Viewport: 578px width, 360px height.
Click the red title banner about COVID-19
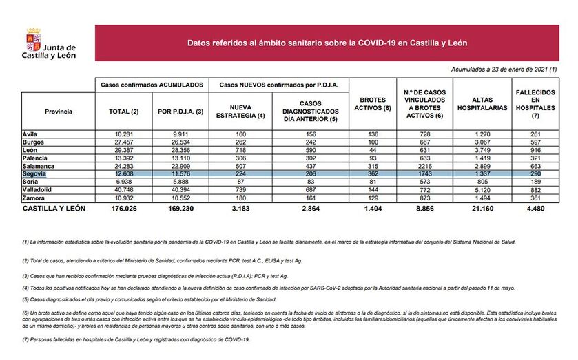pyautogui.click(x=327, y=43)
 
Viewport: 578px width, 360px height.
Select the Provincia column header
pyautogui.click(x=58, y=111)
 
